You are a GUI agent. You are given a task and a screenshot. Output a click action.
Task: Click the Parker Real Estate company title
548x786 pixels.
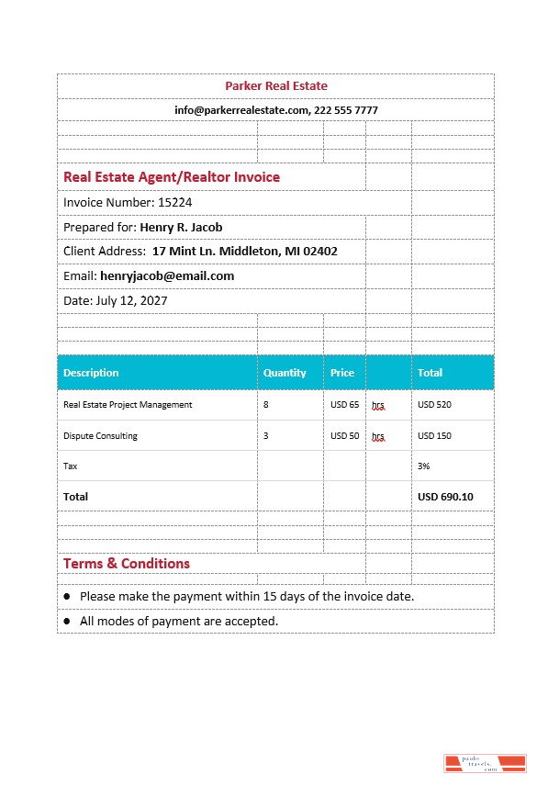pyautogui.click(x=275, y=85)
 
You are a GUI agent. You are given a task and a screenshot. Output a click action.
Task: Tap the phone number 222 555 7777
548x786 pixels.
pyautogui.click(x=346, y=110)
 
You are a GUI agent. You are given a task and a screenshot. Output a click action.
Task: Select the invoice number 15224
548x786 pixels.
pyautogui.click(x=175, y=202)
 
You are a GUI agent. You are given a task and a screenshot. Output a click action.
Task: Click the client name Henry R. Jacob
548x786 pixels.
pyautogui.click(x=181, y=227)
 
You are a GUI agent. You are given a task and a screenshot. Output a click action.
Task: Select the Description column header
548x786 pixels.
pyautogui.click(x=91, y=373)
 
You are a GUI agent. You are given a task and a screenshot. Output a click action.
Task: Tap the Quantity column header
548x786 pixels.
pyautogui.click(x=285, y=373)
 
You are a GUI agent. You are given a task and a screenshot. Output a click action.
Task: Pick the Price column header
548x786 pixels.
pyautogui.click(x=342, y=373)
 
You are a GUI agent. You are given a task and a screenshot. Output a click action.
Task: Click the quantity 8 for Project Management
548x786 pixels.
pyautogui.click(x=266, y=404)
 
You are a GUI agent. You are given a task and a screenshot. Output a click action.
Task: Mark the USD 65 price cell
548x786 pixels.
pyautogui.click(x=344, y=404)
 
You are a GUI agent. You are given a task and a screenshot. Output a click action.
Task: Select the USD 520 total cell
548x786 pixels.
pyautogui.click(x=434, y=404)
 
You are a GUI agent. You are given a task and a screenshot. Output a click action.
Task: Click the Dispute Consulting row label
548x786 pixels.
pyautogui.click(x=100, y=436)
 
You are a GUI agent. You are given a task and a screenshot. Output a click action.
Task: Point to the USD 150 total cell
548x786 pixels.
pyautogui.click(x=434, y=436)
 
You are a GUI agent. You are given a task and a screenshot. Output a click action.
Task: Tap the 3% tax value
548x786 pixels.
pyautogui.click(x=424, y=466)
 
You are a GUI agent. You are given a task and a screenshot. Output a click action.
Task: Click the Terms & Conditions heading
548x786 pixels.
pyautogui.click(x=127, y=563)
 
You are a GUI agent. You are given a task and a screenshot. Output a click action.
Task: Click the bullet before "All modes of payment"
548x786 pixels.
pyautogui.click(x=67, y=622)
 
